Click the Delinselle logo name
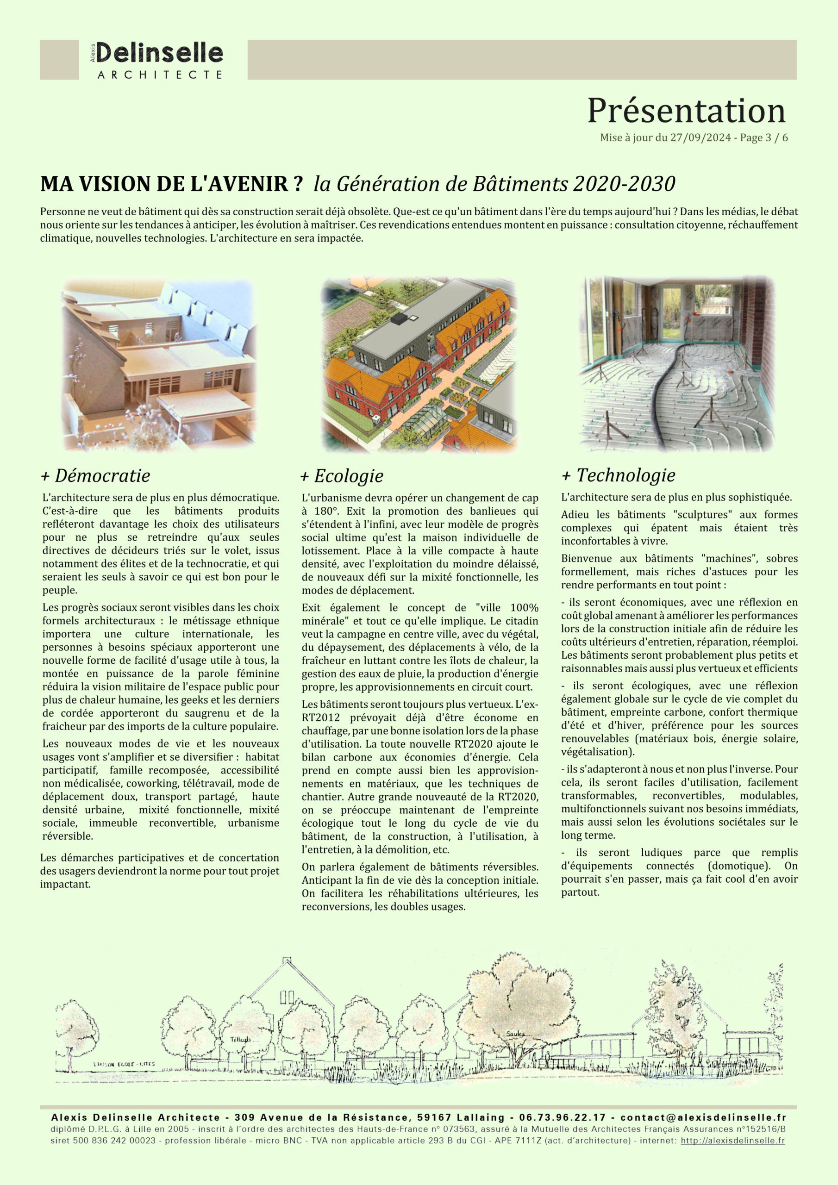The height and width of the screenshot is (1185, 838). pyautogui.click(x=159, y=53)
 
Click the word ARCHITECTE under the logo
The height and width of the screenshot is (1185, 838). pyautogui.click(x=160, y=75)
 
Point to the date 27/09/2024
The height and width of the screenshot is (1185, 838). pyautogui.click(x=700, y=138)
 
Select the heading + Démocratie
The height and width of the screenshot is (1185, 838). pyautogui.click(x=95, y=475)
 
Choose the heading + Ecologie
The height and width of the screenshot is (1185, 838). pyautogui.click(x=342, y=476)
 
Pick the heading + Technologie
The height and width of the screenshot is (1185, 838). pyautogui.click(x=619, y=475)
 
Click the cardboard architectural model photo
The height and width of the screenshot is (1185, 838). pyautogui.click(x=159, y=364)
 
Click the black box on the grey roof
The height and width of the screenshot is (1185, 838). pyautogui.click(x=399, y=319)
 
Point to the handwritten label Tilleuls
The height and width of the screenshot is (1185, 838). pyautogui.click(x=241, y=1039)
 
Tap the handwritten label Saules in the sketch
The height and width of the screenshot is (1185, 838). pyautogui.click(x=515, y=1034)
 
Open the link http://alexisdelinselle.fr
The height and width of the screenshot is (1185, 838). pyautogui.click(x=732, y=1141)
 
